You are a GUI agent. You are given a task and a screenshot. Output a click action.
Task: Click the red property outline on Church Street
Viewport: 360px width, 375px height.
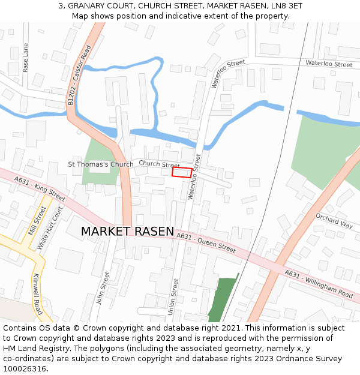(182, 173)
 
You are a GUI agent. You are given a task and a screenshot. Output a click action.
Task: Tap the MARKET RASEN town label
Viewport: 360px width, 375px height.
(127, 232)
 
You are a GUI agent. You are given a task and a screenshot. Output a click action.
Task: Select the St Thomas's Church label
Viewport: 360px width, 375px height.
(101, 164)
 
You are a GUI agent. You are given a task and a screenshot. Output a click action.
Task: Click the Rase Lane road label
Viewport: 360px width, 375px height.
(26, 58)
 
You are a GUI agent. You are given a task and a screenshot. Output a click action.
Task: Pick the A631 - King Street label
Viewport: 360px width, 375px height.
(40, 188)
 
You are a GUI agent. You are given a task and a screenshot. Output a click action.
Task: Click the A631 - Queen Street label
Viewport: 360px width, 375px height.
(206, 242)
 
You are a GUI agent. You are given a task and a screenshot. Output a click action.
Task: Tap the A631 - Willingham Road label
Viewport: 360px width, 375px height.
(319, 284)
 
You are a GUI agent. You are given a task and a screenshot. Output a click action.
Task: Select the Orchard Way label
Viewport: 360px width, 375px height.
(334, 221)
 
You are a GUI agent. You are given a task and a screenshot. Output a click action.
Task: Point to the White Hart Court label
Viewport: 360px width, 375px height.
(50, 229)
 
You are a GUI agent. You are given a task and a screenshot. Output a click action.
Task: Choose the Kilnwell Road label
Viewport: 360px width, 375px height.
(37, 295)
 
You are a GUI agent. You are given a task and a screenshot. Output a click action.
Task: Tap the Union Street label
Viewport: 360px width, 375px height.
(174, 296)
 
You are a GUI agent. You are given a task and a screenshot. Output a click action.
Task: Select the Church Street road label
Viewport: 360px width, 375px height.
(159, 164)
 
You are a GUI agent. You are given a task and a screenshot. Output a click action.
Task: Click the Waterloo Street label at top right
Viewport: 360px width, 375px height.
(329, 64)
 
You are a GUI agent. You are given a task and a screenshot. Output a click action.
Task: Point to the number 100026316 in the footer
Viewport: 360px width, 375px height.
(25, 368)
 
